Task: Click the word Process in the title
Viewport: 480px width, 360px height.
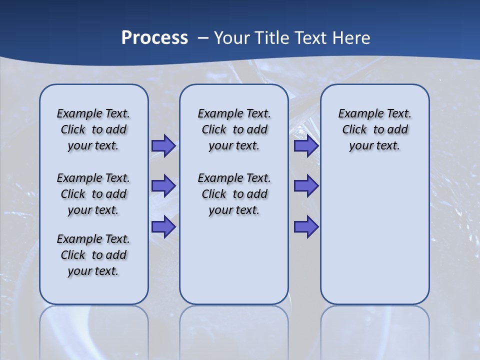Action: pos(154,37)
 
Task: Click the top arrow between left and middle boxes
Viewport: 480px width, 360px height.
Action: pos(163,146)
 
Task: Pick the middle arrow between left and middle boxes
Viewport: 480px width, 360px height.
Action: pos(163,186)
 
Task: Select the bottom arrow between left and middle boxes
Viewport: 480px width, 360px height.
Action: pos(163,227)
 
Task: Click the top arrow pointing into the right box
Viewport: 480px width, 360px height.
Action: pos(306,146)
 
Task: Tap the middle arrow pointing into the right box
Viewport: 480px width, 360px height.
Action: pos(306,186)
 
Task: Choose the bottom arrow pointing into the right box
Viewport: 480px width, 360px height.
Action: pos(306,227)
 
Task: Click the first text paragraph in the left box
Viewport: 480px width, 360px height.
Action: pos(93,129)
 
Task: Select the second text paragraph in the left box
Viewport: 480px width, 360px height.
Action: pos(93,194)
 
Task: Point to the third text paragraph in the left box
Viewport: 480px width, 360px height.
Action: pos(93,255)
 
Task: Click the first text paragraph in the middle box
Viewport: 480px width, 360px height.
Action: pos(234,129)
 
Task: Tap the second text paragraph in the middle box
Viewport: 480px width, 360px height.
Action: pos(234,194)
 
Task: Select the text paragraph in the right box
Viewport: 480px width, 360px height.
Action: pos(374,129)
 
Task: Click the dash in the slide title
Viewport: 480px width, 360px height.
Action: pos(203,37)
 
